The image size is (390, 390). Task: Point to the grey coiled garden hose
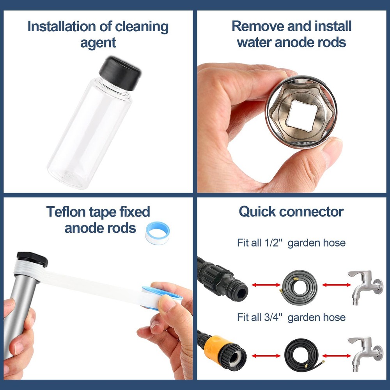coord(300,284)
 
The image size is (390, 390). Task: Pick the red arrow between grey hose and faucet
coord(333,285)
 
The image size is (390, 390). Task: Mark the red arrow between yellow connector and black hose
coord(266,356)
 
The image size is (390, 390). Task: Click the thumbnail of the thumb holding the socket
coord(332,146)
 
